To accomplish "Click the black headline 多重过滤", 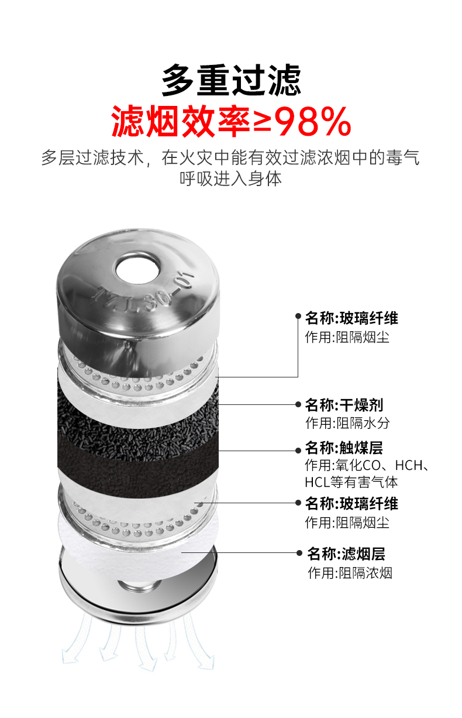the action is coord(231,80).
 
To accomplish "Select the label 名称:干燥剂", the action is coord(344,405).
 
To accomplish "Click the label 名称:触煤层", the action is coord(344,448).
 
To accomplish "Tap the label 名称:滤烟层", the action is coord(346,554).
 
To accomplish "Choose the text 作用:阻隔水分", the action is coord(347,423).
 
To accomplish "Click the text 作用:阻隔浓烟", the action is coord(350,572).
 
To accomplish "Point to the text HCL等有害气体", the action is coord(351,482).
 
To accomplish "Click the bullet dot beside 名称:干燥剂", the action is coord(298,404).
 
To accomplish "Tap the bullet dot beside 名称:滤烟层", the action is coord(299,552).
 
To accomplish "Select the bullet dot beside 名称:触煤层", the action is coord(298,451).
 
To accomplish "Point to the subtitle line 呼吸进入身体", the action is coord(230,178).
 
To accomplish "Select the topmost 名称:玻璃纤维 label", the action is coord(351,318).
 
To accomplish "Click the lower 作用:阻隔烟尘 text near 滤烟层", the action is coord(347,523).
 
